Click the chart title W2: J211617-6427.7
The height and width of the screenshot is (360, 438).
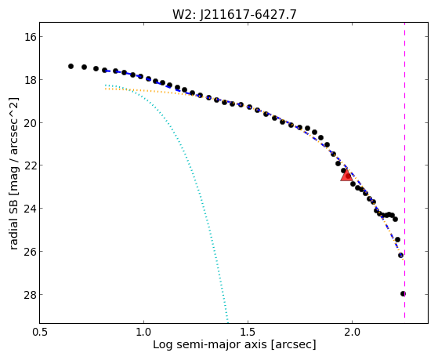pyautogui.click(x=234, y=14)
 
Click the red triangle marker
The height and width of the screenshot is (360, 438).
pyautogui.click(x=346, y=176)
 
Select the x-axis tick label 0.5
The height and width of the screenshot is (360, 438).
pyautogui.click(x=40, y=332)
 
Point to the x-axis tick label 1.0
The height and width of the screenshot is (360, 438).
pyautogui.click(x=143, y=332)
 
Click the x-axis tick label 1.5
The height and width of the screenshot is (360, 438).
pyautogui.click(x=248, y=332)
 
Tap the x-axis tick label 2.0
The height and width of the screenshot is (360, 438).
pyautogui.click(x=353, y=332)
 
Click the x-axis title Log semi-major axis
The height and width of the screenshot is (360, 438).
pyautogui.click(x=210, y=344)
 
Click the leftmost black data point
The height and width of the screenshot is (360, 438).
pyautogui.click(x=71, y=67)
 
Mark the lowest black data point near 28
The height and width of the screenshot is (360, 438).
pyautogui.click(x=403, y=293)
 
